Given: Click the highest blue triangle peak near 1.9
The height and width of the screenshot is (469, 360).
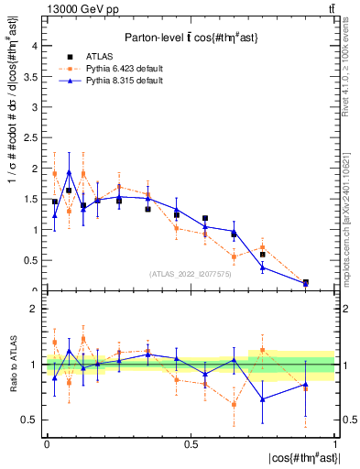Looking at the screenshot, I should (69, 171).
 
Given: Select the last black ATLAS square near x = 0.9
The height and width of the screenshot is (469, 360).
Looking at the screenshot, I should (305, 282).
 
